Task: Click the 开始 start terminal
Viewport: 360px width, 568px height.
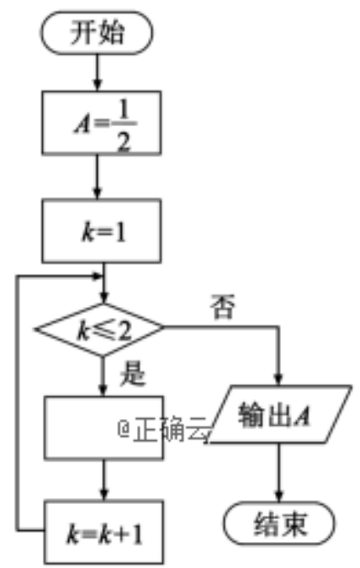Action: click(x=97, y=33)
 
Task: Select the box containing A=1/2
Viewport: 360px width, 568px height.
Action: click(x=102, y=123)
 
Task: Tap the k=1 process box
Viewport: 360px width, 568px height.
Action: click(x=102, y=231)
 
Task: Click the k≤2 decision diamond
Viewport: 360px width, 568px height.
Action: click(x=99, y=329)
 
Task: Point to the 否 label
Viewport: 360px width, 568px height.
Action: click(x=222, y=307)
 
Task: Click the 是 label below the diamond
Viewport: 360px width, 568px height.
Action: click(x=133, y=373)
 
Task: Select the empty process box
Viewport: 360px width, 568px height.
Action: click(x=103, y=428)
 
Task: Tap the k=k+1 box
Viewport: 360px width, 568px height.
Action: click(x=103, y=532)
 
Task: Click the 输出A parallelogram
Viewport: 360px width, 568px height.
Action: click(x=279, y=414)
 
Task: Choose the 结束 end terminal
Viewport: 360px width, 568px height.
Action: click(x=279, y=523)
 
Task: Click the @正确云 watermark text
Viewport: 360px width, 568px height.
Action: click(x=164, y=429)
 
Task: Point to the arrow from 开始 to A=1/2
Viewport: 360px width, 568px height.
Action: click(x=97, y=72)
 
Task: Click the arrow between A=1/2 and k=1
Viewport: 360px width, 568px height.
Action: click(x=97, y=178)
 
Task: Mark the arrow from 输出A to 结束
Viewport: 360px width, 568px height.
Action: click(x=279, y=472)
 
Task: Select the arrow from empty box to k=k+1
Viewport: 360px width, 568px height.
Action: click(x=104, y=480)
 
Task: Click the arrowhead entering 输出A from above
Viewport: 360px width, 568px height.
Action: click(x=278, y=379)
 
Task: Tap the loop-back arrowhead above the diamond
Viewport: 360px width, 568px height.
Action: click(x=98, y=277)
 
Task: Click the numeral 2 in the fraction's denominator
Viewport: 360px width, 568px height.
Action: click(x=123, y=143)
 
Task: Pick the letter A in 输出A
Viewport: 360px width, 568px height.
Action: click(x=302, y=414)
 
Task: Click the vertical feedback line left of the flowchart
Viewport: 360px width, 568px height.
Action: click(x=17, y=404)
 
